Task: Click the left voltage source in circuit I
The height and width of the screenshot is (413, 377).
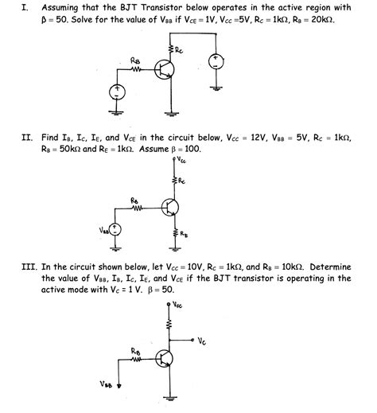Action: [119, 93]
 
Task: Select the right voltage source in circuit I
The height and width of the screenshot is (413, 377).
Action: [215, 62]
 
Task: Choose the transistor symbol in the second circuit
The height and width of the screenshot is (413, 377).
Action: [169, 208]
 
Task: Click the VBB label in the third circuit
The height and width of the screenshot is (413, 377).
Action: [107, 384]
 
